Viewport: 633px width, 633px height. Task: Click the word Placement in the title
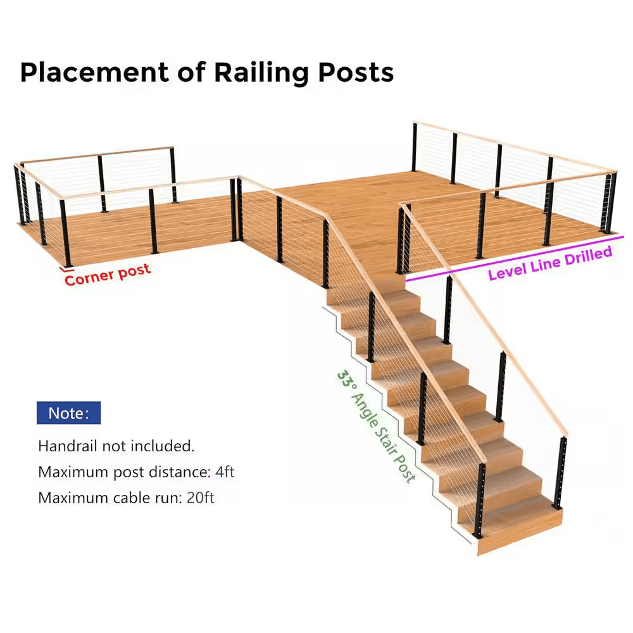click(x=94, y=73)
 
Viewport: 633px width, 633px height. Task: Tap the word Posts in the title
click(x=356, y=73)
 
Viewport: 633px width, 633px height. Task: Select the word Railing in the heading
click(x=259, y=73)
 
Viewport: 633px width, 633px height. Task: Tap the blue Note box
click(x=68, y=413)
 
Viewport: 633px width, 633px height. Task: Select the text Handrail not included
click(x=116, y=446)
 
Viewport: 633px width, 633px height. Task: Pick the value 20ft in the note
click(x=201, y=498)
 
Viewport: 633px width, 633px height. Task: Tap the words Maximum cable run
click(x=110, y=498)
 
